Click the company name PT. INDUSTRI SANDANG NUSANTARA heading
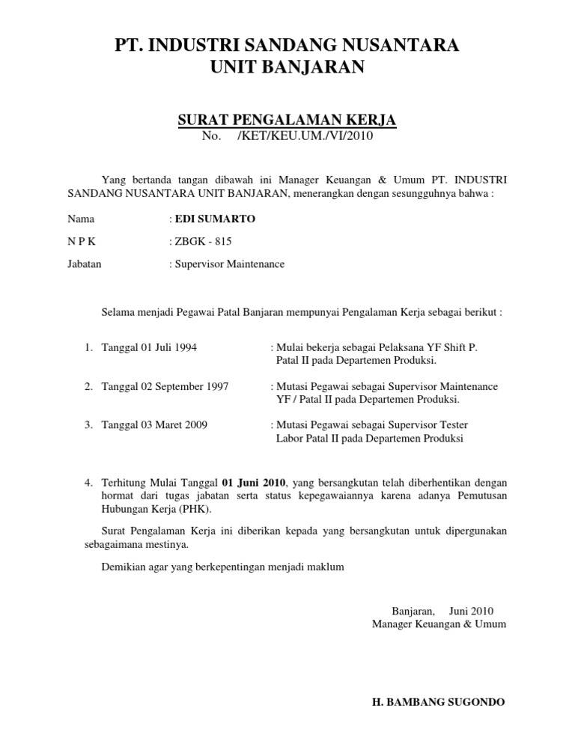[287, 45]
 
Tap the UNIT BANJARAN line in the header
[287, 68]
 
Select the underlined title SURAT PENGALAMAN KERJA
[287, 120]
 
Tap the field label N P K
[82, 241]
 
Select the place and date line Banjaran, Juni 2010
[442, 610]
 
